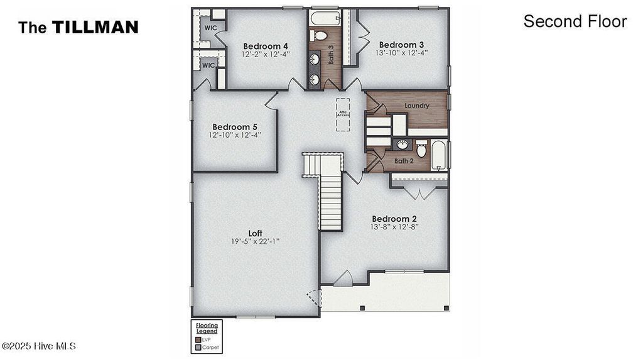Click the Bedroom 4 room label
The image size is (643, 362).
[266, 46]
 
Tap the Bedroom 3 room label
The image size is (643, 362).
[401, 45]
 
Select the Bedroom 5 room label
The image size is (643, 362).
[234, 126]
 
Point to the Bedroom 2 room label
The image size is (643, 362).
[394, 219]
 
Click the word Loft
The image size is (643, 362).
[256, 233]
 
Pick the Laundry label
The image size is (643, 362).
[418, 106]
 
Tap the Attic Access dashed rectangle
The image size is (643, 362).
[343, 114]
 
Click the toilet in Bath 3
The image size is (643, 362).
[320, 35]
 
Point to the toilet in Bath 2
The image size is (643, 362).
[421, 150]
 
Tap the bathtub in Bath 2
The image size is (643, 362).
[439, 155]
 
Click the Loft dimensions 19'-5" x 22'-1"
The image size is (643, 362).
[256, 241]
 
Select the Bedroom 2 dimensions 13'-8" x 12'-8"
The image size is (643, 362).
[394, 226]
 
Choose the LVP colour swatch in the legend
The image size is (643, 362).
[198, 339]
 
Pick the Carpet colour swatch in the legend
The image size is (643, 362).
[198, 347]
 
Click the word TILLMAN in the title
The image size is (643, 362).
[95, 27]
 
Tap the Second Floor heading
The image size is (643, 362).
[575, 21]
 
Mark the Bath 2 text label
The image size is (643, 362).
[404, 162]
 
